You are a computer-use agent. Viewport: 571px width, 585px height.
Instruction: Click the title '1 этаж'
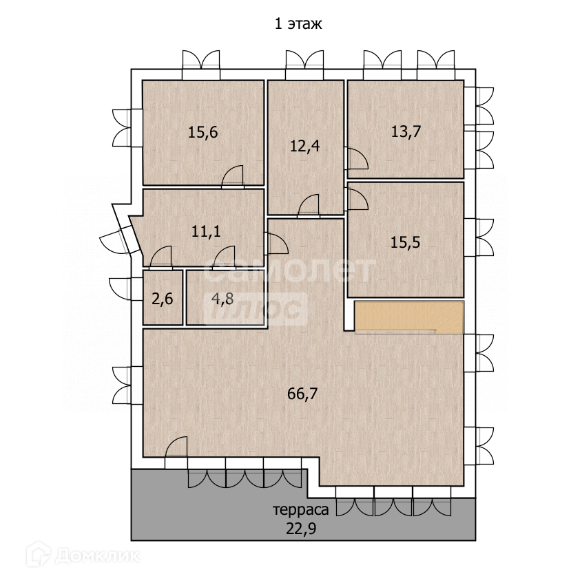coord(298,24)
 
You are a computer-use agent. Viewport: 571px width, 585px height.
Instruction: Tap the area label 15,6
coord(203,132)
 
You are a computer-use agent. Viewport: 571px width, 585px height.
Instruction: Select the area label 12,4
coord(304,146)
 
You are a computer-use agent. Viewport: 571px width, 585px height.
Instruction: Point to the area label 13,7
coord(406,131)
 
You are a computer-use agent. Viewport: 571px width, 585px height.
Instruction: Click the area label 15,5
coord(405,242)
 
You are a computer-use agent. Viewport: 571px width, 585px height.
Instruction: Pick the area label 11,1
coord(206,231)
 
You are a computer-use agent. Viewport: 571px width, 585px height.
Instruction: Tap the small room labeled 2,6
coord(163,298)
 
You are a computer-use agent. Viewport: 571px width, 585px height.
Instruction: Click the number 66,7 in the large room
coord(302,394)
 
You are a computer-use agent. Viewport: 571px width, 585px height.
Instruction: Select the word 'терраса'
coord(301,509)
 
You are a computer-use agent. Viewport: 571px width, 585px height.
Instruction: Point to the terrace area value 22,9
coord(301,529)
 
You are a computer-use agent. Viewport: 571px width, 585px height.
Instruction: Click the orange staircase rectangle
coord(409,317)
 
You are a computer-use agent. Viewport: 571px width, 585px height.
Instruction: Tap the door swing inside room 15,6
coord(232,176)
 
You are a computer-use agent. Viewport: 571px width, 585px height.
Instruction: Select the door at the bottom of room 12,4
coord(309,206)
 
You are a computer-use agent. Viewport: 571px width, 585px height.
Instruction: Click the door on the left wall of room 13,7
coord(357,158)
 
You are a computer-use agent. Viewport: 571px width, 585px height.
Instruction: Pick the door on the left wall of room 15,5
coord(357,200)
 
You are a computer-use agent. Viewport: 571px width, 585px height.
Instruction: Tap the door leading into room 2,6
coord(161,257)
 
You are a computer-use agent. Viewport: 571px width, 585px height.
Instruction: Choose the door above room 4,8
coord(224,257)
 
